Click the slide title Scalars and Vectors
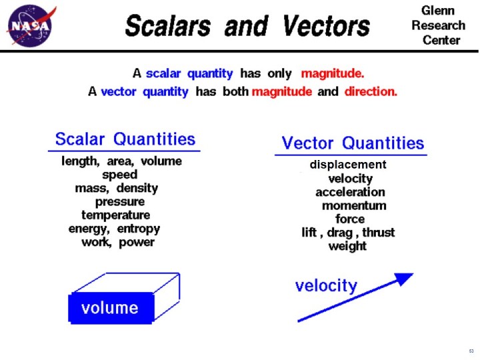247,27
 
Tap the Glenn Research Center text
438,25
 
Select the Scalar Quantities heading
125,139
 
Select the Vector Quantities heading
353,143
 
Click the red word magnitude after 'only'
332,73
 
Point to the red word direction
371,92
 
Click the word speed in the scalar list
120,175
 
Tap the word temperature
115,215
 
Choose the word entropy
139,229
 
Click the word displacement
347,165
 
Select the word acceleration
350,192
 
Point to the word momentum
354,205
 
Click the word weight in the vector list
347,246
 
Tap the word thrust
377,233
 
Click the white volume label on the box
110,308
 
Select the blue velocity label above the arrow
326,286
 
